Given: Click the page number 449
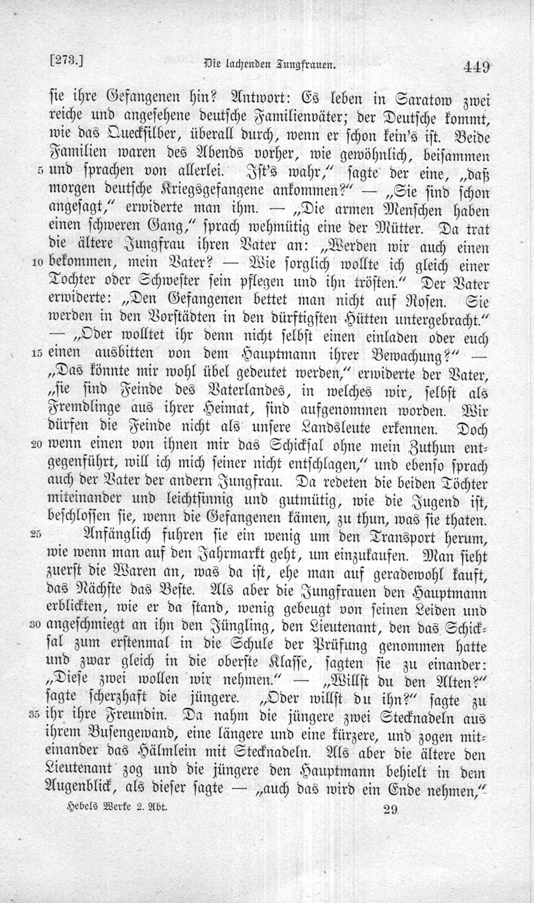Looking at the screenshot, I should (476, 67).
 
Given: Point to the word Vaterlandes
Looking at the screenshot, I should (244, 391).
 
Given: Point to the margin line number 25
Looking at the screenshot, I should (36, 534).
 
